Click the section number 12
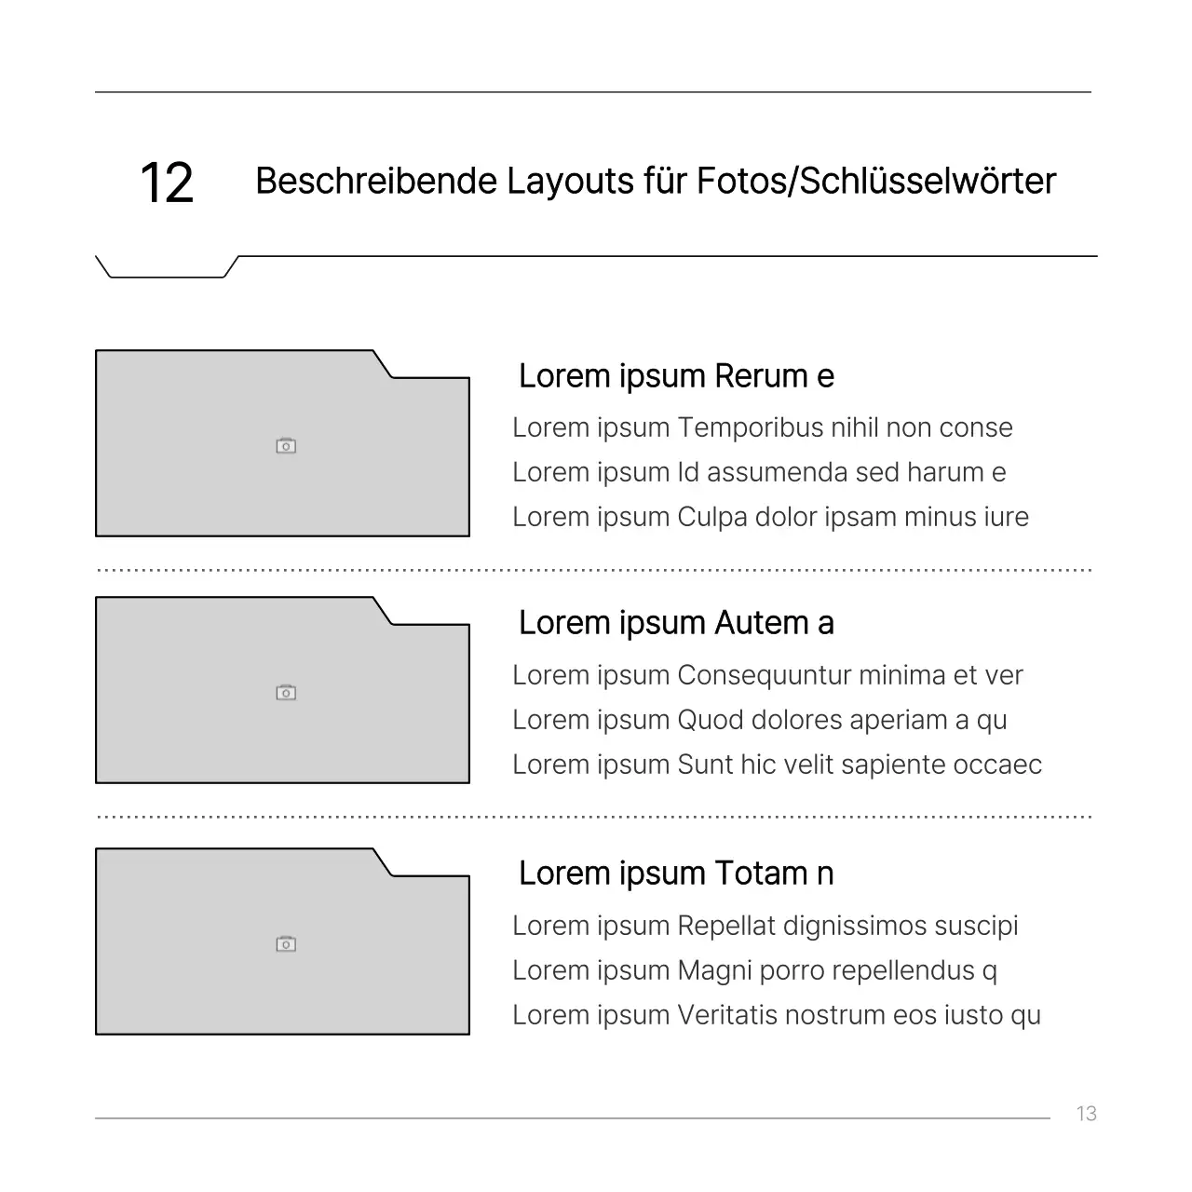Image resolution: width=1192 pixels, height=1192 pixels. point(167,183)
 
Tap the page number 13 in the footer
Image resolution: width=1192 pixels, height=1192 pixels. point(1086,1114)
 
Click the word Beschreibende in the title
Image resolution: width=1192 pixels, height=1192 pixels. point(376,181)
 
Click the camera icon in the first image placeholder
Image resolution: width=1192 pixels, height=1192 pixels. point(286,445)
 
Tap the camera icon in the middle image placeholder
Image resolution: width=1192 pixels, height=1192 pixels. point(286,692)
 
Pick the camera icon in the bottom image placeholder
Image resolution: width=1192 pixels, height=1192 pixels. point(286,944)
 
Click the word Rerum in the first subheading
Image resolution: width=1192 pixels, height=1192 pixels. point(761,376)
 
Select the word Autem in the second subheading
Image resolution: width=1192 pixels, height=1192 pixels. point(761,623)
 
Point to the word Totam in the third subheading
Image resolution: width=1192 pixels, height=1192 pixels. point(761,874)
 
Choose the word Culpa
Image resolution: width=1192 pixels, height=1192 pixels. point(712,518)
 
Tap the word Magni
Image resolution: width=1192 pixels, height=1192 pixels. point(715,971)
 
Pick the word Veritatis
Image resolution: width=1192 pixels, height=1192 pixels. point(727,1016)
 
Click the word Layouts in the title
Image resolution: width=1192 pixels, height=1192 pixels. point(570,182)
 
